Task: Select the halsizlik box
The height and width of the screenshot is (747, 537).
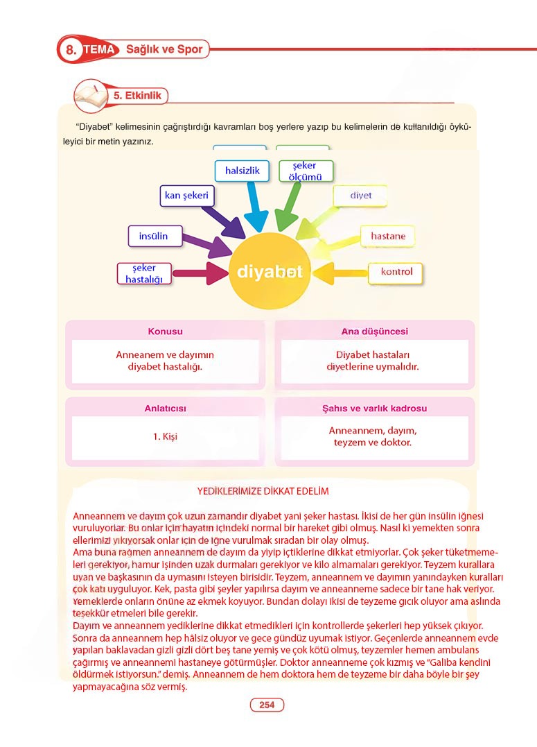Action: click(x=242, y=170)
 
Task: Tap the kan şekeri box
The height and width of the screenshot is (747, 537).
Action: click(x=186, y=196)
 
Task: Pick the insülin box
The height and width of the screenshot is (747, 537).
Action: click(x=153, y=236)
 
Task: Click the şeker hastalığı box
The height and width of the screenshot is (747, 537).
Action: click(x=144, y=273)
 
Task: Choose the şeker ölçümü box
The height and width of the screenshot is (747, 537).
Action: click(x=306, y=171)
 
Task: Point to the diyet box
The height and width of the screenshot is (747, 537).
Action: click(x=360, y=196)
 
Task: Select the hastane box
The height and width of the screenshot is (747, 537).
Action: click(x=387, y=236)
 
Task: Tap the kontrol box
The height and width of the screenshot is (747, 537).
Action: click(x=396, y=271)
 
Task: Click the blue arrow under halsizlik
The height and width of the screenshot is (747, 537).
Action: click(x=256, y=208)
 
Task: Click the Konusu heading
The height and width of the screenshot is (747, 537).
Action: click(x=165, y=332)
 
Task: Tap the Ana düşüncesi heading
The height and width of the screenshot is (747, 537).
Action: click(x=374, y=332)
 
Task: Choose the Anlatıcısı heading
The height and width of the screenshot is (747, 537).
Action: click(x=165, y=409)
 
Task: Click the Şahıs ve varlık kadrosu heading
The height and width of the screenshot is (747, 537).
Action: click(x=374, y=409)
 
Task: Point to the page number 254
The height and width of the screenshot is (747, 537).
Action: click(x=267, y=705)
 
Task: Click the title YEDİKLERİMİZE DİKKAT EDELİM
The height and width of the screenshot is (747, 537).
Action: click(x=263, y=491)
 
